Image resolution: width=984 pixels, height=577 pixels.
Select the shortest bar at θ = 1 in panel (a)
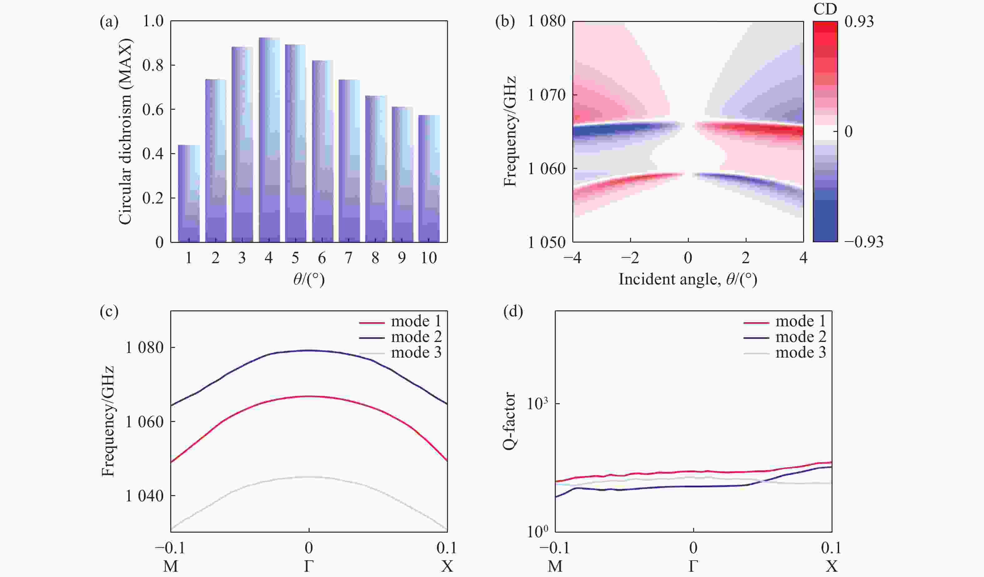click(x=189, y=193)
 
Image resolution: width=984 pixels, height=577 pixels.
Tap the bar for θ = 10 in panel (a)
click(x=429, y=178)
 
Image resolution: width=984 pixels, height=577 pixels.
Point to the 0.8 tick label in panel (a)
click(x=153, y=66)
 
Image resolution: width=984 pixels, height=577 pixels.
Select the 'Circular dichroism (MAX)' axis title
click(x=125, y=132)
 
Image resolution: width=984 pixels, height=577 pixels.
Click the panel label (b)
click(x=505, y=22)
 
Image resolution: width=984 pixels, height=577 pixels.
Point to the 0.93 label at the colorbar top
click(x=859, y=22)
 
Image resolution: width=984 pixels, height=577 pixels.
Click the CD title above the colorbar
click(x=825, y=8)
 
